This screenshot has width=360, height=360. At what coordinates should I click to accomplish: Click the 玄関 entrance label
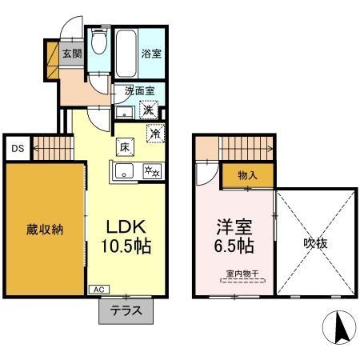tap(71, 54)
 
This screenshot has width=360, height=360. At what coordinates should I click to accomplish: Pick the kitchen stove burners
tap(150, 170)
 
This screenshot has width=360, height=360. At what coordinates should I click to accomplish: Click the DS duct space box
tap(16, 147)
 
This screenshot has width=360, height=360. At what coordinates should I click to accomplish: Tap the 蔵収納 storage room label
tap(44, 229)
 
